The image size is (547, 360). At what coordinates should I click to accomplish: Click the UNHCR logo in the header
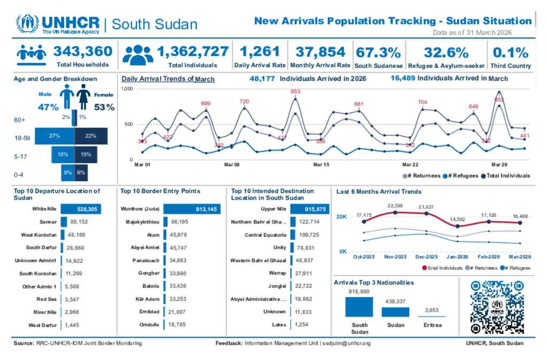(58, 24)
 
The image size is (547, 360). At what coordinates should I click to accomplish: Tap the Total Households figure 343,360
(83, 51)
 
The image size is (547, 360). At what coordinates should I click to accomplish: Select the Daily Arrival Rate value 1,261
(260, 51)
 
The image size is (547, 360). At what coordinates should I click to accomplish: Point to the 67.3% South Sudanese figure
(378, 52)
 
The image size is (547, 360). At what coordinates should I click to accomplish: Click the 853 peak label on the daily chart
(295, 92)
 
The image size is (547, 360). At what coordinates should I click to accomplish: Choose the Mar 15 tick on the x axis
(321, 165)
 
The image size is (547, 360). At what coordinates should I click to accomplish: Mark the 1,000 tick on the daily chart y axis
(127, 88)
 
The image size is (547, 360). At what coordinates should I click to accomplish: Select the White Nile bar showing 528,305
(81, 209)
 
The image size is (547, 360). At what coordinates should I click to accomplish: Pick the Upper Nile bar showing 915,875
(310, 209)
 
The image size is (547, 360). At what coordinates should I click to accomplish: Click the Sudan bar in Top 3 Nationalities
(395, 312)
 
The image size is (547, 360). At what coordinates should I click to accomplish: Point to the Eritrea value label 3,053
(432, 310)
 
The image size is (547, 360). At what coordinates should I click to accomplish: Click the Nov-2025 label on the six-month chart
(395, 256)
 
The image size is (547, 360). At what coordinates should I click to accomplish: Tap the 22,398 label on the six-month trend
(395, 206)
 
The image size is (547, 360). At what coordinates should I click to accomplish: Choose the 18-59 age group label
(23, 137)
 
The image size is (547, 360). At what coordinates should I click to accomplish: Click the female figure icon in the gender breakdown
(83, 97)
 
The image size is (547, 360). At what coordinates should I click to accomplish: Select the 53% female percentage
(104, 107)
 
